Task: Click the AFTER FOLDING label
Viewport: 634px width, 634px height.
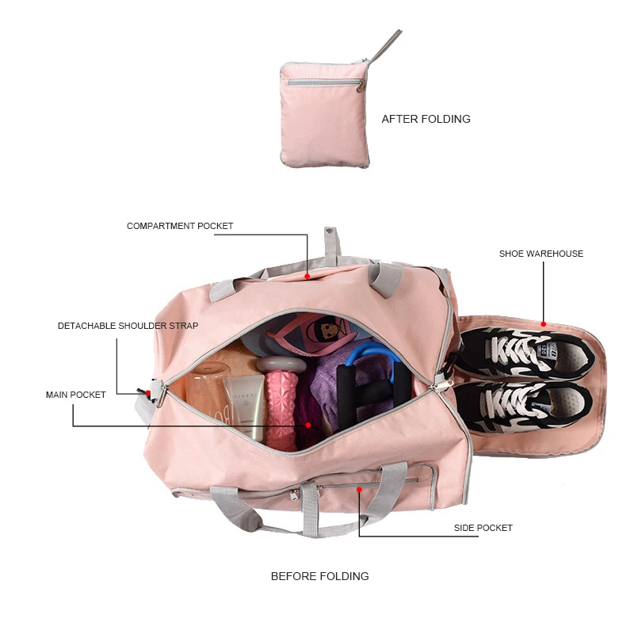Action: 426,119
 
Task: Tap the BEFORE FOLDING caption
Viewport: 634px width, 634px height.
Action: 319,576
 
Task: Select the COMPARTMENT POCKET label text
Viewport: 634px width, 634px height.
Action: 180,226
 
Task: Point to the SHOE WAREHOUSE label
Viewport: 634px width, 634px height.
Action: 540,254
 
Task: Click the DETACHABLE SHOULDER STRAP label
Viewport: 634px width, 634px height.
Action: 128,326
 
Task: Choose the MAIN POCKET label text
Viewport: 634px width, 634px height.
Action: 75,395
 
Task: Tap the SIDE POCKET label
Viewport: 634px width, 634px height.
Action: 483,528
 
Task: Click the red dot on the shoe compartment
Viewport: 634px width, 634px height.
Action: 544,323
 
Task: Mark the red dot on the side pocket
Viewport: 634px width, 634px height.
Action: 359,490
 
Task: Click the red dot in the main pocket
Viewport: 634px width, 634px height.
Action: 307,425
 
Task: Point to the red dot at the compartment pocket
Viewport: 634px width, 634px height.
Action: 307,277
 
